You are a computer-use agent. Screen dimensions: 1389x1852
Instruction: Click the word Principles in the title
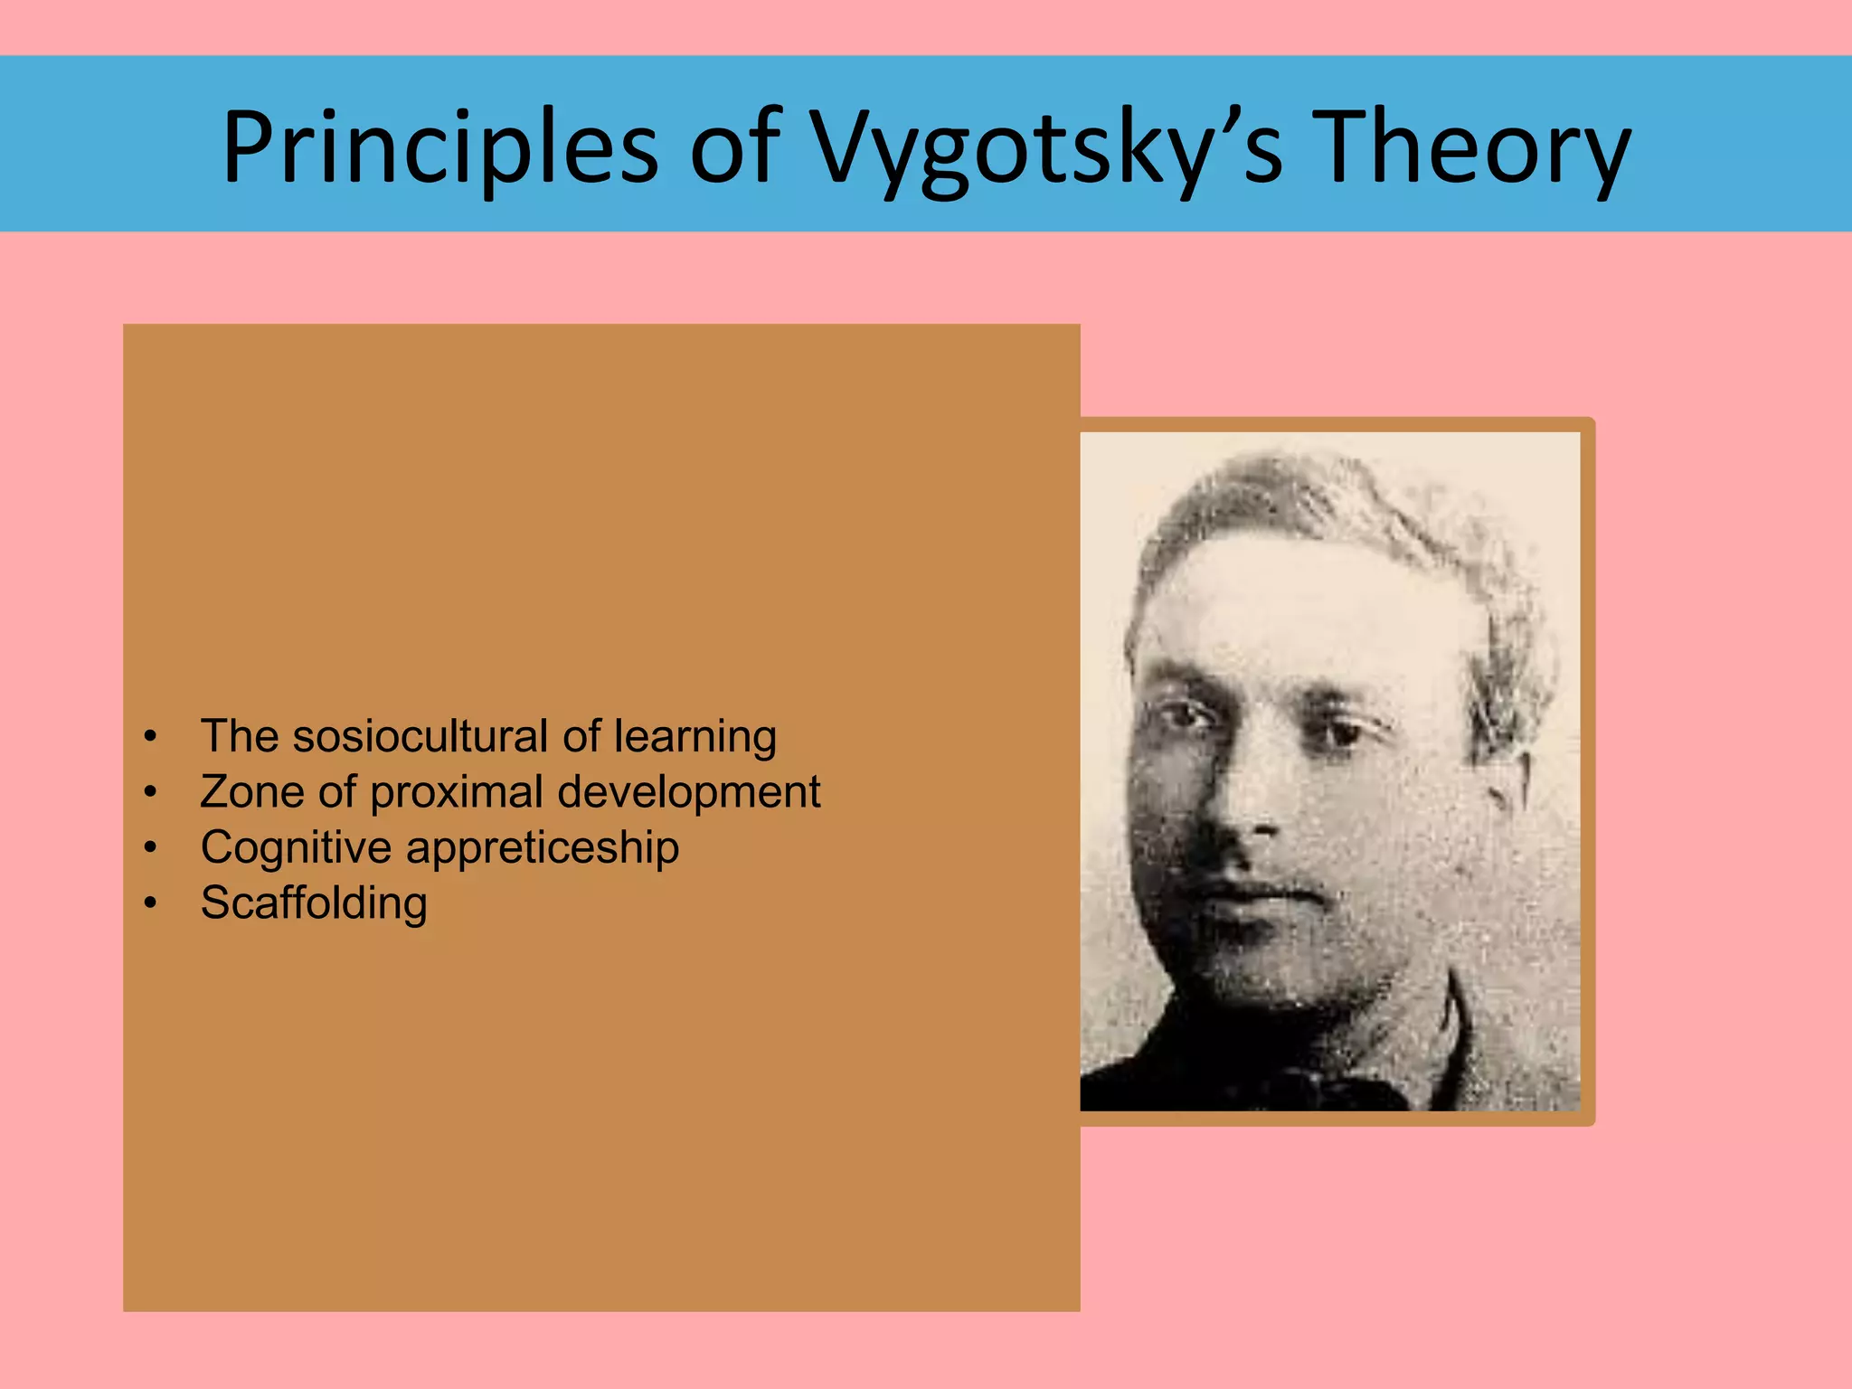(x=440, y=147)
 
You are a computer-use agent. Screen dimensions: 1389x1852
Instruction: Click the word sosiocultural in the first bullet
(x=420, y=736)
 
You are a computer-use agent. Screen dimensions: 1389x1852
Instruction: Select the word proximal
(x=456, y=793)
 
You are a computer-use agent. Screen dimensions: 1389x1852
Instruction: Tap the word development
(x=689, y=793)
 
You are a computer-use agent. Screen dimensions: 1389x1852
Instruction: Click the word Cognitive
(x=296, y=848)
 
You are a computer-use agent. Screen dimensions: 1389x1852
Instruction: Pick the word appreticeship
(x=543, y=849)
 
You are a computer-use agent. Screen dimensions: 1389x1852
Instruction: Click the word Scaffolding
(x=314, y=903)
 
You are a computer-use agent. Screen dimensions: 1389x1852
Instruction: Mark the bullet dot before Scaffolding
(x=151, y=903)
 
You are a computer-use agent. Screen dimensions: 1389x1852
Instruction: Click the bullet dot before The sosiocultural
(x=151, y=737)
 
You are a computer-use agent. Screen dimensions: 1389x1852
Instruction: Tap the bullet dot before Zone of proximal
(x=151, y=793)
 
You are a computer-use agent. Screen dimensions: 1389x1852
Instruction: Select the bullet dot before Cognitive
(x=151, y=848)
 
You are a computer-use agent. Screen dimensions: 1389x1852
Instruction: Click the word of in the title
(x=733, y=147)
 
